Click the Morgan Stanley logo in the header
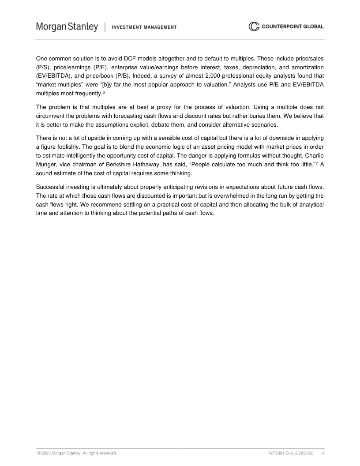[x=67, y=27]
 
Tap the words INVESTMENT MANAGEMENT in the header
[x=144, y=27]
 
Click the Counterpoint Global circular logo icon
[x=254, y=26]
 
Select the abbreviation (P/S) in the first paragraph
[x=44, y=67]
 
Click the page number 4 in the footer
[x=323, y=453]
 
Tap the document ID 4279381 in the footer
[x=276, y=453]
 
